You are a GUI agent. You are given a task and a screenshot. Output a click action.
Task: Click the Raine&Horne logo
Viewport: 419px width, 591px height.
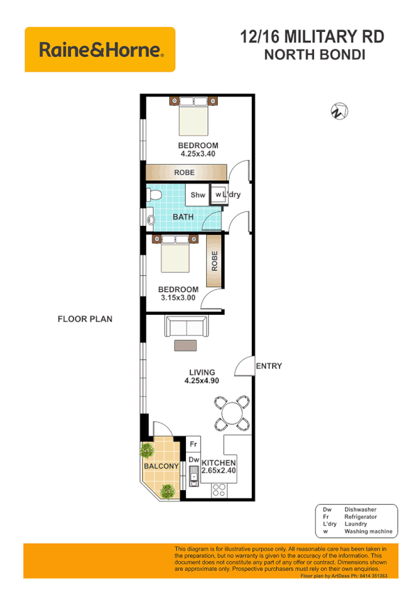click(100, 49)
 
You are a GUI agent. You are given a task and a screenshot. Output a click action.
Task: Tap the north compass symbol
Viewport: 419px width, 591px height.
click(339, 111)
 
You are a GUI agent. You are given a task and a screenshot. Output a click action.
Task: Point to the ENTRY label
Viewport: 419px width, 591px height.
click(269, 366)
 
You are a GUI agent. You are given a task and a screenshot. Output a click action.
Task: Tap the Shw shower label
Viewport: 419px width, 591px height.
click(198, 195)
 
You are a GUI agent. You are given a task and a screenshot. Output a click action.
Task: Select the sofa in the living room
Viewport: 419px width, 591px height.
click(184, 325)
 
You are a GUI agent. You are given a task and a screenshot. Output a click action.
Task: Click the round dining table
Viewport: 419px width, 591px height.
click(230, 411)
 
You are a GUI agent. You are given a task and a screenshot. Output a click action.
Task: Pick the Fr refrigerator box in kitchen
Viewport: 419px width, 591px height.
click(194, 444)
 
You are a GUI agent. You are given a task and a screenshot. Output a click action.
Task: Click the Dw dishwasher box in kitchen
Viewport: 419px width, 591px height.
click(194, 460)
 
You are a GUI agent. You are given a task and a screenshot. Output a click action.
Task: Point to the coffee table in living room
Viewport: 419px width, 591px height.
click(185, 345)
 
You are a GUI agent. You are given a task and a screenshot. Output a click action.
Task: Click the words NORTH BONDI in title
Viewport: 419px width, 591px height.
click(315, 55)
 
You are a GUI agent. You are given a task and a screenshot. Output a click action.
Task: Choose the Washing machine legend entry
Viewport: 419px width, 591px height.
click(356, 532)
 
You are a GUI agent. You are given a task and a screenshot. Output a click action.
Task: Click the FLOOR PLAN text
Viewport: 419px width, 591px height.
click(84, 319)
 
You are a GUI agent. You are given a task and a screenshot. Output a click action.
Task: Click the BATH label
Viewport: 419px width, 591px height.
click(183, 217)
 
